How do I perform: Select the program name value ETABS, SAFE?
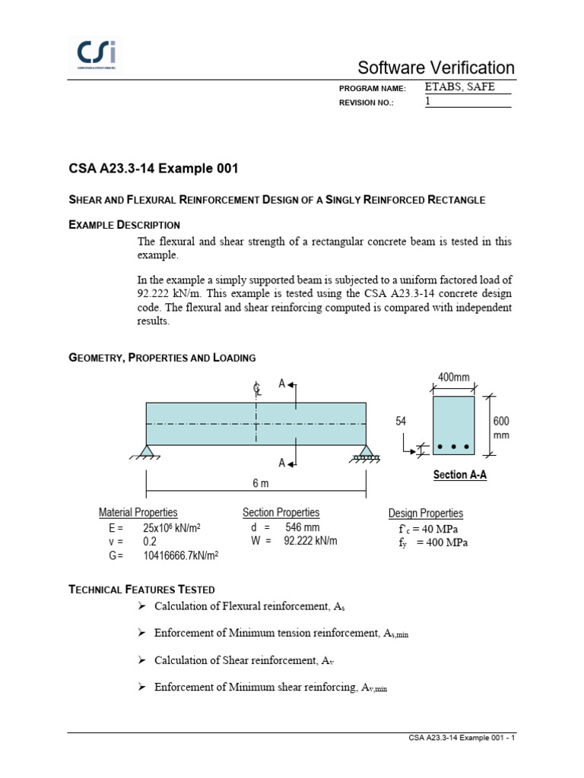click(x=459, y=87)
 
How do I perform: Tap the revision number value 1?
click(x=428, y=101)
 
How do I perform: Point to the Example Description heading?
click(x=124, y=225)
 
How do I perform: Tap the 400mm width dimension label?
click(x=453, y=378)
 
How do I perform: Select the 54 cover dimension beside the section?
click(x=401, y=421)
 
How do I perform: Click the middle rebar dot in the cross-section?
click(x=454, y=446)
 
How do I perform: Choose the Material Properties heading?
click(x=138, y=513)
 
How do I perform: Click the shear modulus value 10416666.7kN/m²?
click(x=181, y=555)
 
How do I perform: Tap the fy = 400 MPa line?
click(x=433, y=542)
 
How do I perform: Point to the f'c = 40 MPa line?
click(x=429, y=530)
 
